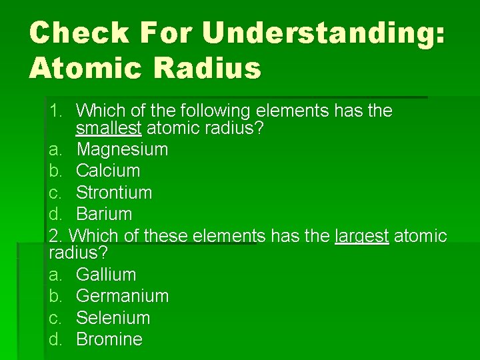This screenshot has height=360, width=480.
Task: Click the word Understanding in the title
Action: tap(322, 33)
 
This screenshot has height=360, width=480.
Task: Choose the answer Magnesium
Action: tap(122, 149)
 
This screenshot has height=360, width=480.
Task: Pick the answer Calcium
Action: tap(108, 171)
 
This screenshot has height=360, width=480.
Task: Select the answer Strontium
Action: tap(114, 193)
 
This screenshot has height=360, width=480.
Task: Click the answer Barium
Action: tap(104, 214)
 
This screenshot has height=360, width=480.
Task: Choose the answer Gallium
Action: tap(106, 274)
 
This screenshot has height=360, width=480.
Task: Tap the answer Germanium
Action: tap(122, 295)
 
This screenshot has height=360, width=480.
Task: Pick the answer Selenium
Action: tap(113, 317)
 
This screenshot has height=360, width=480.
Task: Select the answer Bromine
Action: tap(109, 339)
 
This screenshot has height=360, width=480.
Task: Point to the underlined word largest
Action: tap(361, 235)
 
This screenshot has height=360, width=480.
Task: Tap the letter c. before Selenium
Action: tap(55, 317)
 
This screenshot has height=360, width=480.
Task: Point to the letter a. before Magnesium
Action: tap(55, 149)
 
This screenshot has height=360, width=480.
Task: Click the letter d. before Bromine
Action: tap(55, 339)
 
